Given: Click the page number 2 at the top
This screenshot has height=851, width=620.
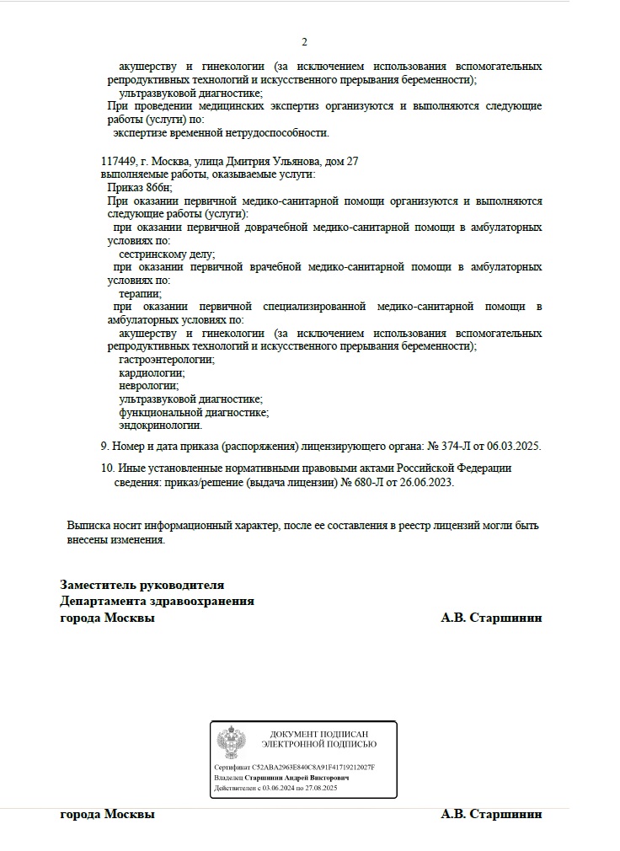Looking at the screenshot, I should (x=305, y=42).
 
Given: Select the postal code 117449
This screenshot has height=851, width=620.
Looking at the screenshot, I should (x=118, y=161).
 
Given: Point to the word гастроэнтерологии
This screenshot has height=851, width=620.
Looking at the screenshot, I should (x=167, y=360).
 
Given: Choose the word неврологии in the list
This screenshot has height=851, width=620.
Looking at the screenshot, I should (x=149, y=386).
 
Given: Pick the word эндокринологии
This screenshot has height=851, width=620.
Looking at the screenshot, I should (x=161, y=425).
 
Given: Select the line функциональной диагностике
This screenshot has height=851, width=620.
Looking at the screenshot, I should (x=194, y=413).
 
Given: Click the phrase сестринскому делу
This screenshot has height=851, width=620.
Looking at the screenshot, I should (x=167, y=254).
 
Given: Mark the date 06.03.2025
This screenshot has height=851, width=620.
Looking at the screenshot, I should (x=513, y=446).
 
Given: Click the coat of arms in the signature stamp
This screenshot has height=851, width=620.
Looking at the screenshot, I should (x=231, y=742).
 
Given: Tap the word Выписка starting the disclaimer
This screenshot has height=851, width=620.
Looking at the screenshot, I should (x=88, y=526).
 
